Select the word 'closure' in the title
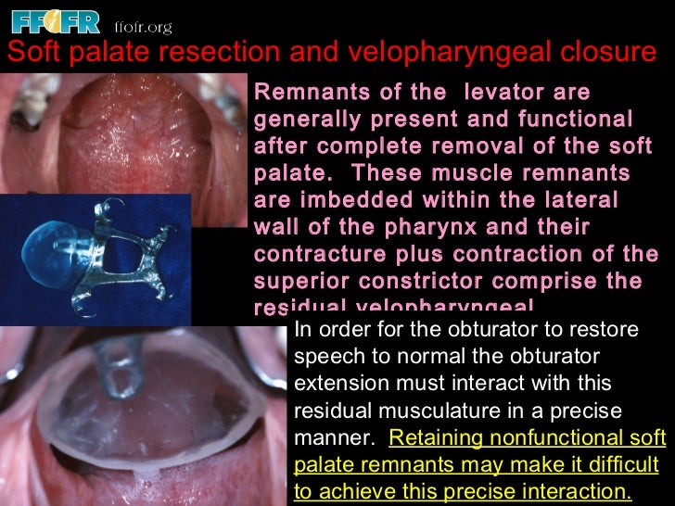[609, 54]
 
